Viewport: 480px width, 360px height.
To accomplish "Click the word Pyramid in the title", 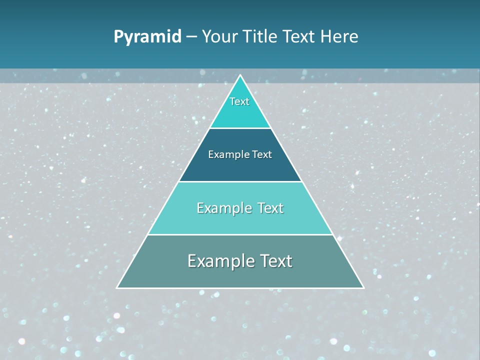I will [x=147, y=37].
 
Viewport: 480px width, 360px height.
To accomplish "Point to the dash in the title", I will [x=191, y=37].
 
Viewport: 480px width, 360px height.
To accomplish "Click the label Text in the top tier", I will [x=239, y=101].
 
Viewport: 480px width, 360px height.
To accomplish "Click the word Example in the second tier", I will [x=225, y=154].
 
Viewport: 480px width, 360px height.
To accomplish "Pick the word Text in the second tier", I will [x=262, y=154].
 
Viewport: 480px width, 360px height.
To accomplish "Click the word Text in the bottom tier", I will [x=274, y=261].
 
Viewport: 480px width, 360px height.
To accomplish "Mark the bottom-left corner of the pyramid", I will [x=117, y=287].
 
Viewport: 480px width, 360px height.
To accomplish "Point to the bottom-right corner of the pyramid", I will [x=363, y=287].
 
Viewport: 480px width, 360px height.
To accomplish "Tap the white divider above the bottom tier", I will [x=240, y=234].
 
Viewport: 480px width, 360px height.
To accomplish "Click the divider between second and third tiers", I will [x=240, y=181].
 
